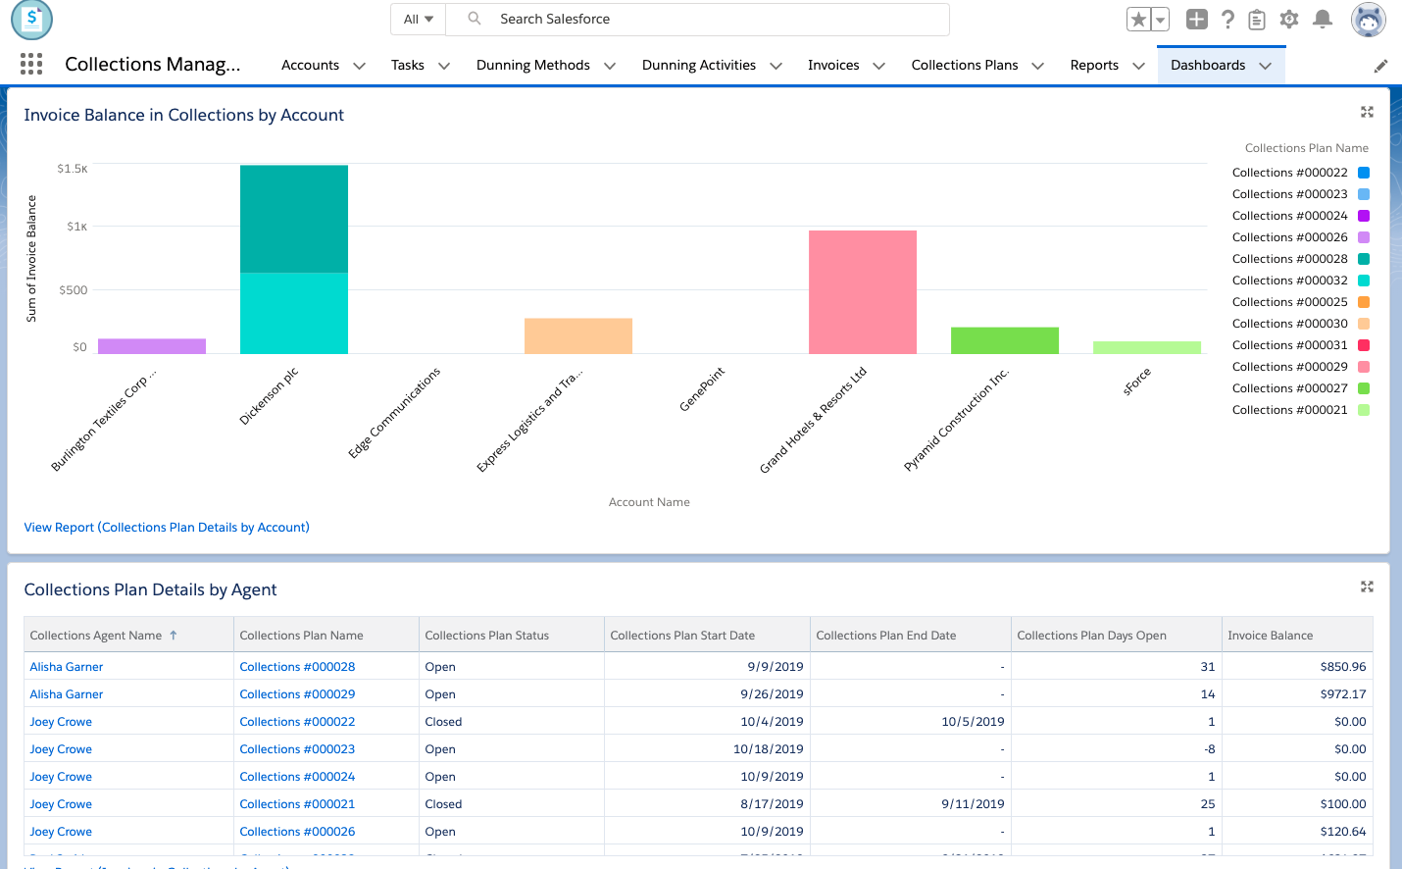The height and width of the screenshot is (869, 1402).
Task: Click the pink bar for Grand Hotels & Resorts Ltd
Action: pos(862,291)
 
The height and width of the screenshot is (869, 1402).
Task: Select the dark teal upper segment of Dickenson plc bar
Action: pos(293,219)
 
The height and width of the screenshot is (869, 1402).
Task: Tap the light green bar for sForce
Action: pos(1146,347)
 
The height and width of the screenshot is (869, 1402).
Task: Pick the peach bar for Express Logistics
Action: pos(577,335)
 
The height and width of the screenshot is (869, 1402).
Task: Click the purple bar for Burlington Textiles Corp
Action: pos(152,346)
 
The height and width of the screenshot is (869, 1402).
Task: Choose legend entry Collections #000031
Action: pos(1289,345)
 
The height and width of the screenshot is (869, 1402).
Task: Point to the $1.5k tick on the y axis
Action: pos(73,169)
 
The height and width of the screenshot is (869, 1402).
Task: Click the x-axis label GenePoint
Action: pos(702,389)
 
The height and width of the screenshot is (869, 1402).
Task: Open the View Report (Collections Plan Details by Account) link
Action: pos(167,528)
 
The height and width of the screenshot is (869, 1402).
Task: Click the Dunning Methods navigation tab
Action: pos(532,65)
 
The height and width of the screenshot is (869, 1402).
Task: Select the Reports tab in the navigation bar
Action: pos(1093,65)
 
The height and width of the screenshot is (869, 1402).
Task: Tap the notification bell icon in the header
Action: pos(1322,19)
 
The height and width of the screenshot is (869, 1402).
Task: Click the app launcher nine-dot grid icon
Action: pos(31,65)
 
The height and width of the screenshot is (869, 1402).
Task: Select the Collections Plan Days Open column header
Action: pos(1091,636)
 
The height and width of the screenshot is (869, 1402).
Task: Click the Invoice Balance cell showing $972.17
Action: pos(1342,694)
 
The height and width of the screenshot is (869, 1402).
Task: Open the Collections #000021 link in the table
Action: pos(297,804)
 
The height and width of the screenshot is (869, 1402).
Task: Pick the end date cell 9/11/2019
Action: pos(973,804)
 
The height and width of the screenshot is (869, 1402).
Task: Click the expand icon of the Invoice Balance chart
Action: pos(1367,113)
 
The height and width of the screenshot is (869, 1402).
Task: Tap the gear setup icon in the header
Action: pos(1289,19)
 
